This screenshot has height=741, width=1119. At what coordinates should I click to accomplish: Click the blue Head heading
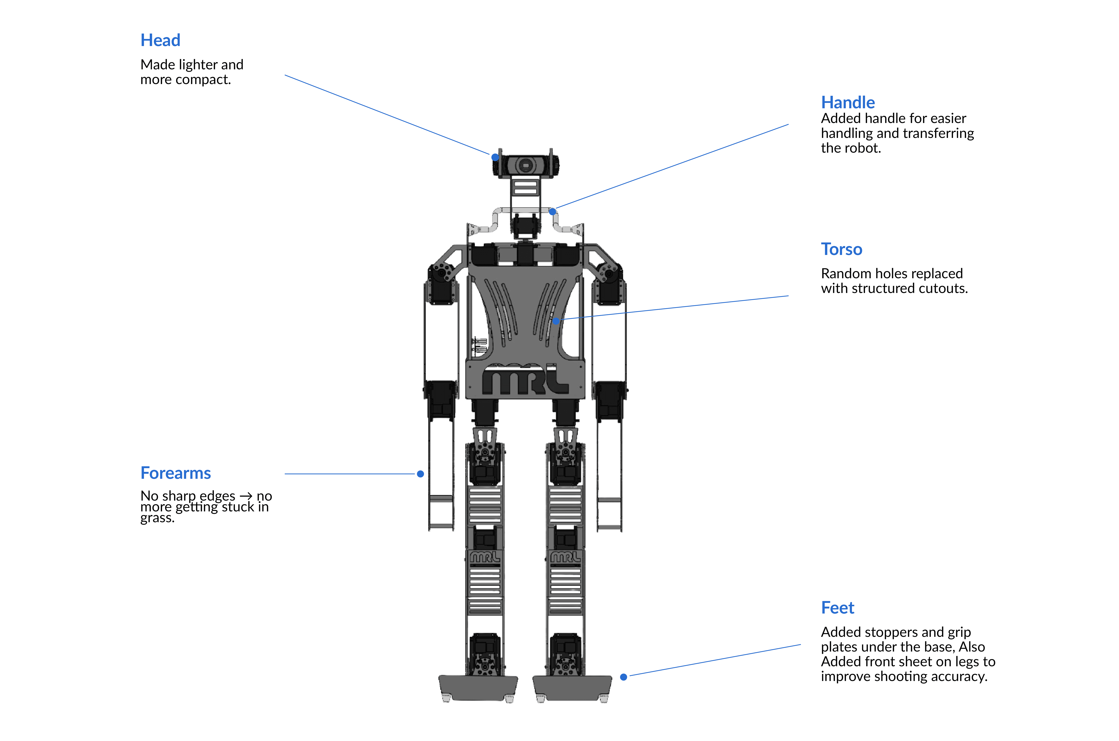point(160,40)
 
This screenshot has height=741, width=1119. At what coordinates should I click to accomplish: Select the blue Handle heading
point(847,103)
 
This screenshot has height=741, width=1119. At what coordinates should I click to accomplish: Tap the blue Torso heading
point(841,249)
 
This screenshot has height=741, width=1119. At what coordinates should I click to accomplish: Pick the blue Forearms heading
point(175,473)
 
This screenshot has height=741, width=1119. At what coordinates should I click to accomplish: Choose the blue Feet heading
point(837,608)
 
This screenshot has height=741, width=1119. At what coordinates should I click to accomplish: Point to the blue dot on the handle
point(552,212)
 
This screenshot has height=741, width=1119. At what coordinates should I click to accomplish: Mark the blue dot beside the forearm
point(420,474)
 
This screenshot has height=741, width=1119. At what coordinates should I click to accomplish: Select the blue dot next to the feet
point(623,677)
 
